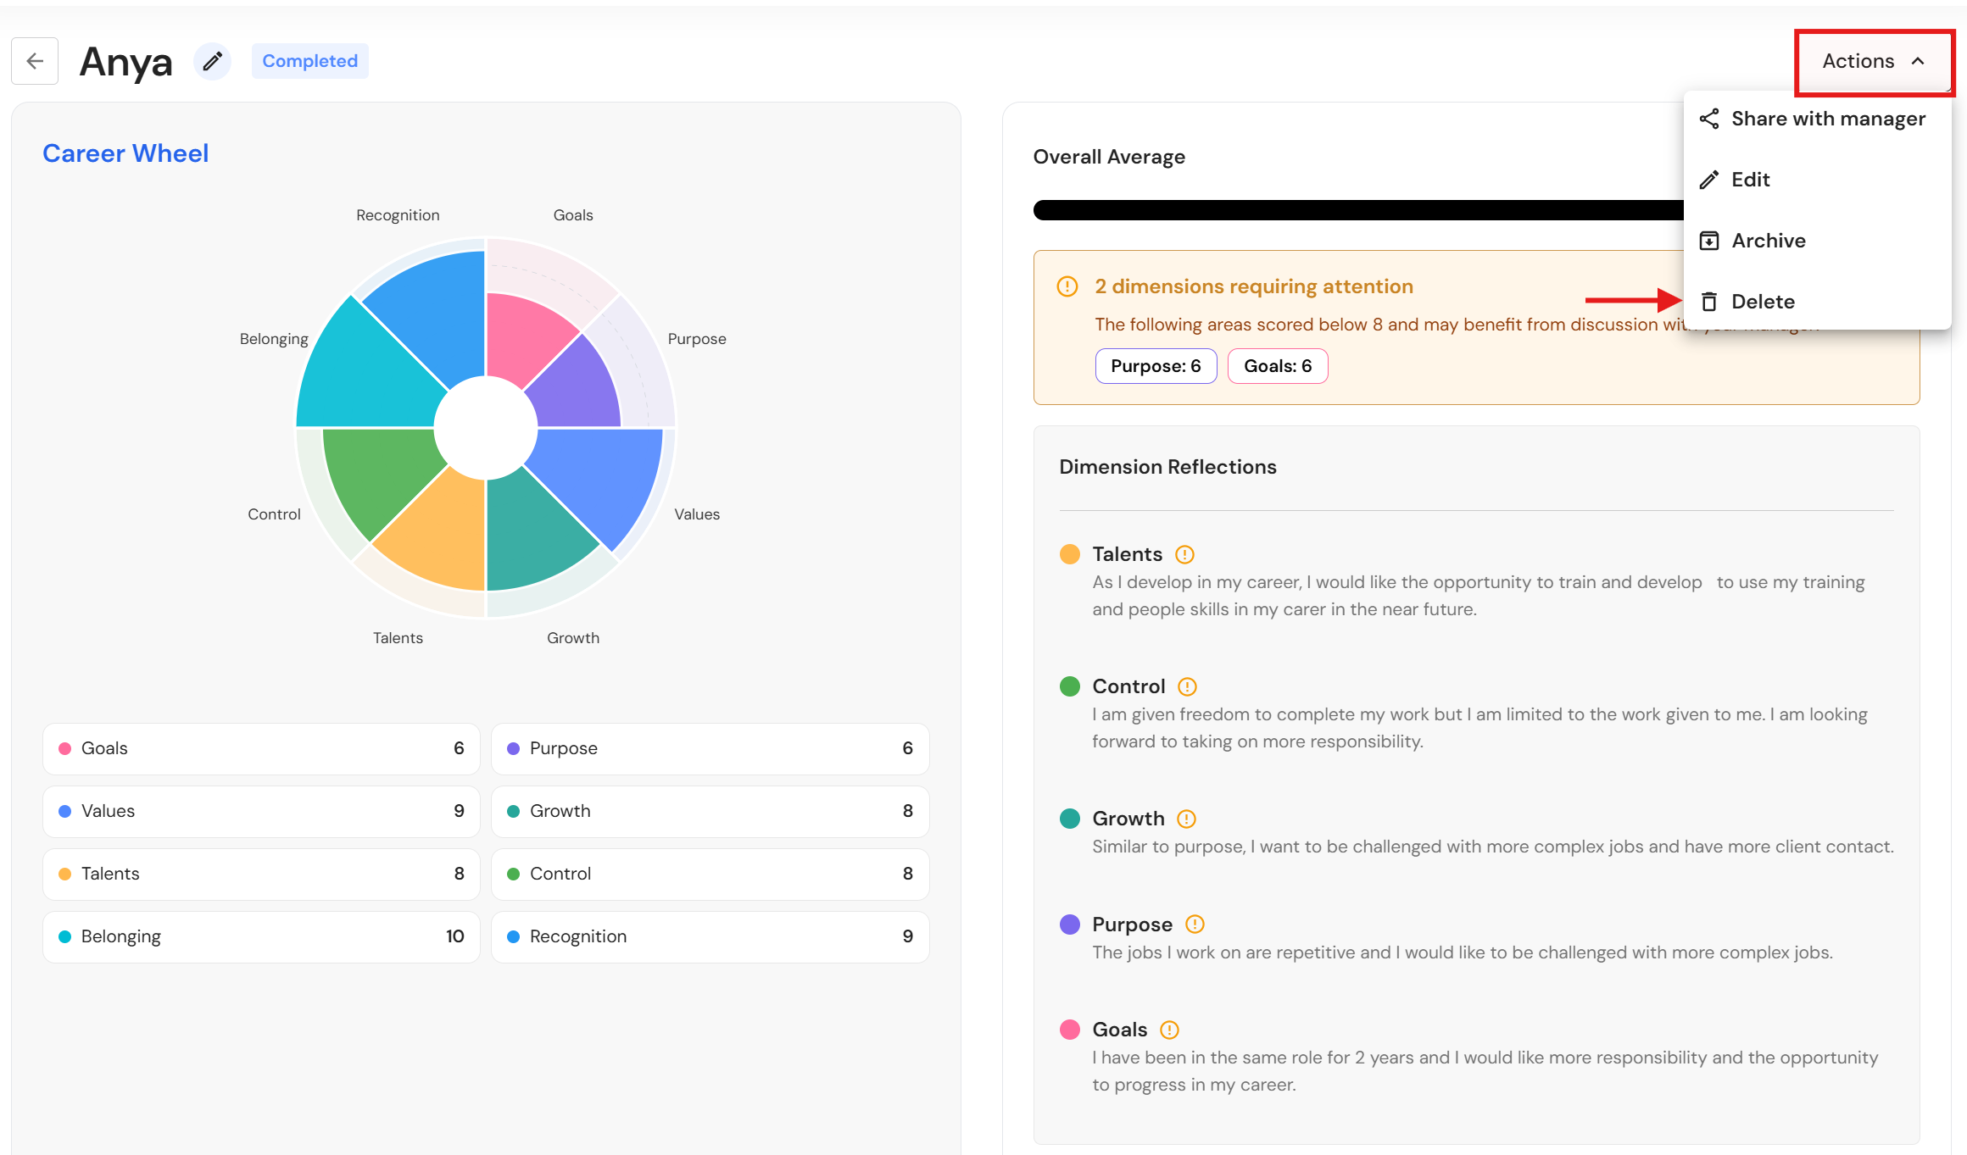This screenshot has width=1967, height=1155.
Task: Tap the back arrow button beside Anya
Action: point(35,61)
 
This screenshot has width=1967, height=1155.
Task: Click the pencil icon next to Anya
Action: point(212,61)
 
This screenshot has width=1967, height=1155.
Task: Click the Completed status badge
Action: point(310,61)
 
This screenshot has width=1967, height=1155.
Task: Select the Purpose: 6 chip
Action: point(1156,366)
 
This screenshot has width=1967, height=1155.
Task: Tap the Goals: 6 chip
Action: point(1278,366)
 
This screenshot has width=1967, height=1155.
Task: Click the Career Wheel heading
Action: point(125,153)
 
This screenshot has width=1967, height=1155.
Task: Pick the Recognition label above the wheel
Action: point(398,215)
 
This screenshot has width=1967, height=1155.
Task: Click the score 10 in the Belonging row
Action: point(455,936)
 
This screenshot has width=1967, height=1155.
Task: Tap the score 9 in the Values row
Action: point(459,811)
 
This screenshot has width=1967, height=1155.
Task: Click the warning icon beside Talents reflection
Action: point(1184,554)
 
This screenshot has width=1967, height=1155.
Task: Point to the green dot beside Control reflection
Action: point(1070,686)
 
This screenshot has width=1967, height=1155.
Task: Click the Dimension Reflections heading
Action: point(1167,467)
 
